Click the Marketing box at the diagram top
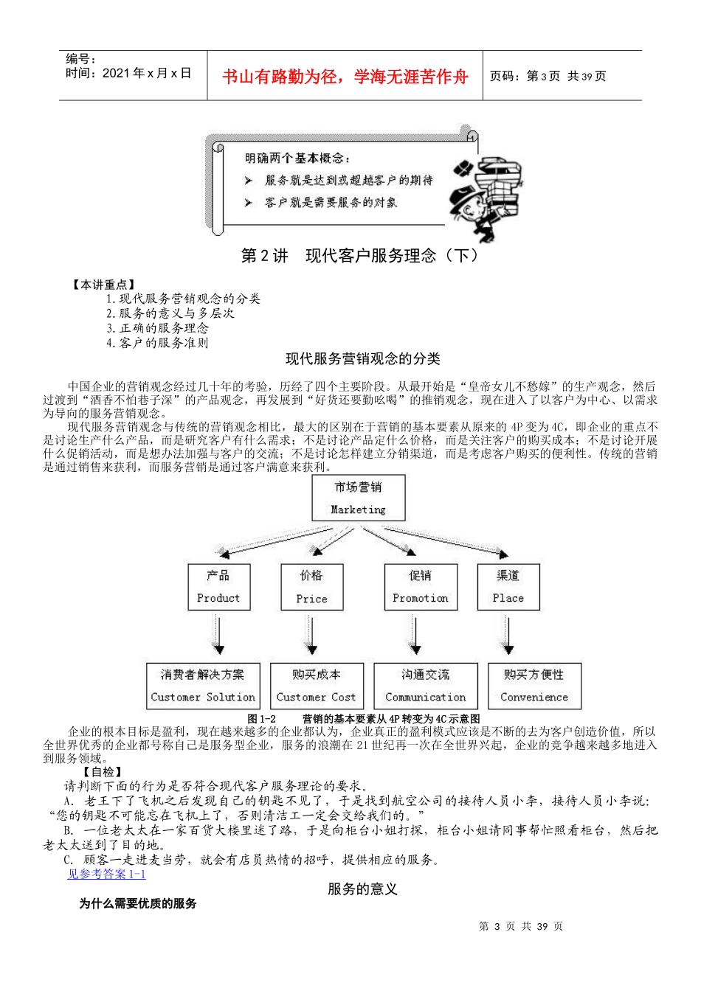[359, 498]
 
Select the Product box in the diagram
[218, 587]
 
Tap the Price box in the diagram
[311, 587]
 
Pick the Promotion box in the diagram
[420, 587]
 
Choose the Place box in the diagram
[508, 587]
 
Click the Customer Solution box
[202, 686]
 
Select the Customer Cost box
[316, 686]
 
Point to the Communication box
[425, 686]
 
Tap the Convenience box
[534, 686]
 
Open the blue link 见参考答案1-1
[106, 874]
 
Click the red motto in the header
[345, 77]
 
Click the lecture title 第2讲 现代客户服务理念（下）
[360, 256]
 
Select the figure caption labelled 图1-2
[363, 718]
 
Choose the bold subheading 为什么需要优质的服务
[138, 903]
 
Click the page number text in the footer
[521, 926]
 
